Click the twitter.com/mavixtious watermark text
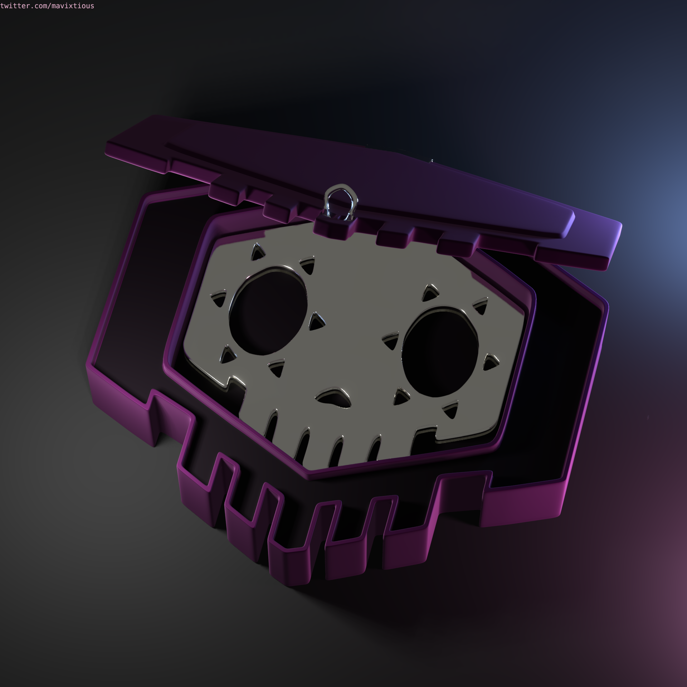coord(47,6)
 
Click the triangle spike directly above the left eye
coord(257,252)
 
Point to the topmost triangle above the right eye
coord(430,293)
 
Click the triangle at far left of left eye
coord(218,299)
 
